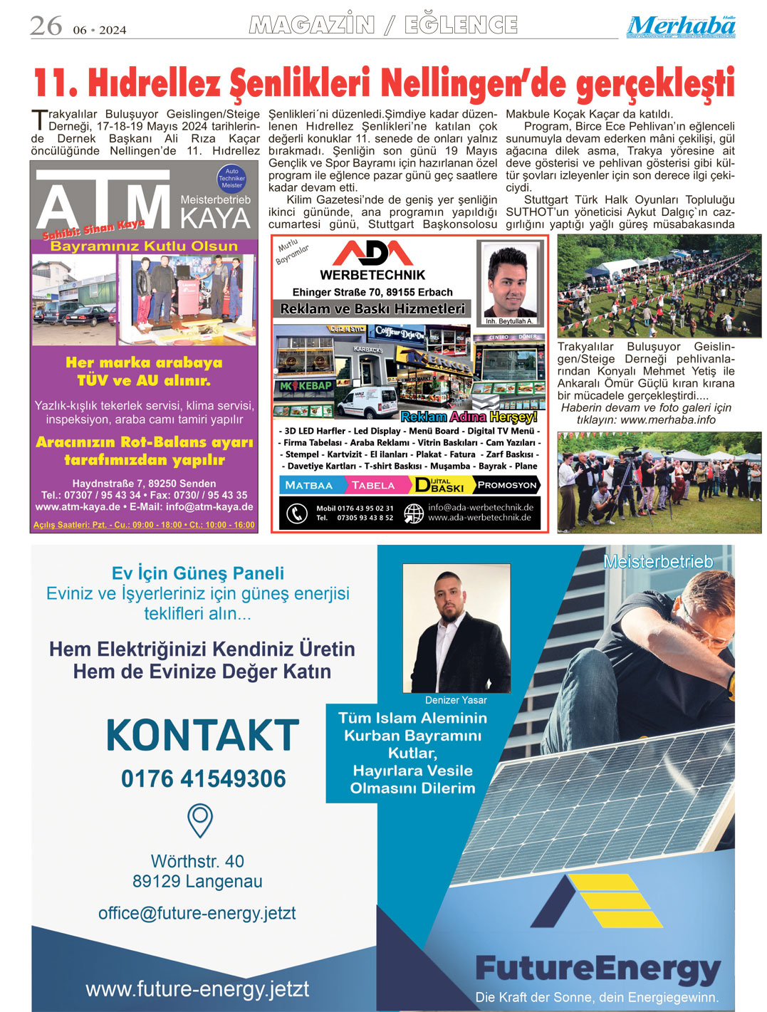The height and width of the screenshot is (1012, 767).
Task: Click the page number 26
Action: pos(46,26)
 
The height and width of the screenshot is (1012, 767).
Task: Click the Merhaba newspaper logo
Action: pos(681,26)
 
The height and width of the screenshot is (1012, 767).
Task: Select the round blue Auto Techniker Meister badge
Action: pos(231,178)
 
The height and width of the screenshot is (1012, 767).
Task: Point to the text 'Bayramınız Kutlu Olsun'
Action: pos(144,246)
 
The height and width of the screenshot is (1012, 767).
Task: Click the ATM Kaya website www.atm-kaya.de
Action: pos(78,507)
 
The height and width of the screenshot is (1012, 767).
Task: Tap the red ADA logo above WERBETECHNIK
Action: pos(372,253)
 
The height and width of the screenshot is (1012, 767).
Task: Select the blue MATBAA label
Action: pos(309,485)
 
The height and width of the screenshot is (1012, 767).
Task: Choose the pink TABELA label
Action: pos(373,485)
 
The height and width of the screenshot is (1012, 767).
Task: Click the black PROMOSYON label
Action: pos(506,485)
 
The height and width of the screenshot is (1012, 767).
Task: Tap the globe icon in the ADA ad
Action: pos(414,513)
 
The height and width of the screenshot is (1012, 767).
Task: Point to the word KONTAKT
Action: pos(202,736)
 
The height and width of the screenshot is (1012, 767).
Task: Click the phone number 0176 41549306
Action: pos(203,779)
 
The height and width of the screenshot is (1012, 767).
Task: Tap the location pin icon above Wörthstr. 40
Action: pos(200,820)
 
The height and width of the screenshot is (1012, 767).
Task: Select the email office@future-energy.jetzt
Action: pos(197,913)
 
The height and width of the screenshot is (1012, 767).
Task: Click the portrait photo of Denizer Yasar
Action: pos(456,628)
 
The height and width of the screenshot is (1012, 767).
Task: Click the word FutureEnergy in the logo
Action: pos(598,969)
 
